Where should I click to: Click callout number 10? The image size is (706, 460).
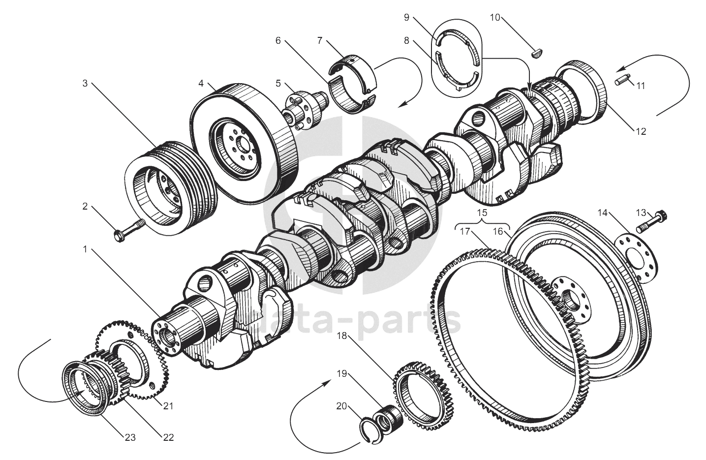click(495, 18)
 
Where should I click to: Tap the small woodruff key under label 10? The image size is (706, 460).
click(537, 54)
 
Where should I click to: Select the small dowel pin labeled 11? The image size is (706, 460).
click(621, 79)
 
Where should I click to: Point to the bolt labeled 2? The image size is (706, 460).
click(129, 231)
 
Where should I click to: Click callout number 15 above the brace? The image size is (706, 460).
click(482, 213)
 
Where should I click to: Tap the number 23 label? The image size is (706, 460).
click(130, 438)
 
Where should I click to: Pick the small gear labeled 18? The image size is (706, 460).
click(422, 396)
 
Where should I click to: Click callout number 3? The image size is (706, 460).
click(85, 84)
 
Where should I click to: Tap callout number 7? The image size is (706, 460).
click(320, 40)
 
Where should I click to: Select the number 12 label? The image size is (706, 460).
click(641, 131)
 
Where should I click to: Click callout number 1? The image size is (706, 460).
click(85, 249)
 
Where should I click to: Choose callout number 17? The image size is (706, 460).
click(465, 232)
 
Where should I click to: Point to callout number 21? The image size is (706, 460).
click(168, 406)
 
